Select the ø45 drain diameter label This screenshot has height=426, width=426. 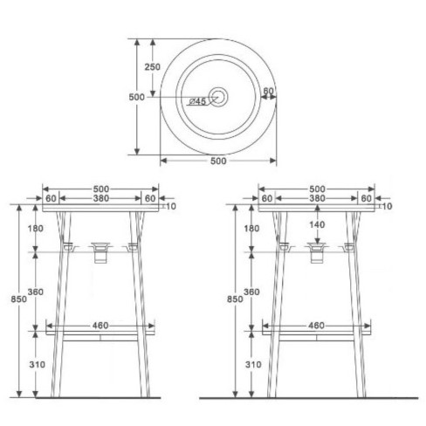[198, 101]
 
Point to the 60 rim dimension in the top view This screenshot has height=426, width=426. [268, 90]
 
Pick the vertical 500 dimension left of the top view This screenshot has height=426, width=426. [136, 98]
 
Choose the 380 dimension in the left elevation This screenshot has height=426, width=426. [100, 199]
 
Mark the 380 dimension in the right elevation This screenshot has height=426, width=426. [316, 199]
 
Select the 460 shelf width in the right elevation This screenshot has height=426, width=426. [315, 326]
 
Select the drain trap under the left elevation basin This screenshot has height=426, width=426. [101, 252]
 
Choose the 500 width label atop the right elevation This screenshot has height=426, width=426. [316, 188]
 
